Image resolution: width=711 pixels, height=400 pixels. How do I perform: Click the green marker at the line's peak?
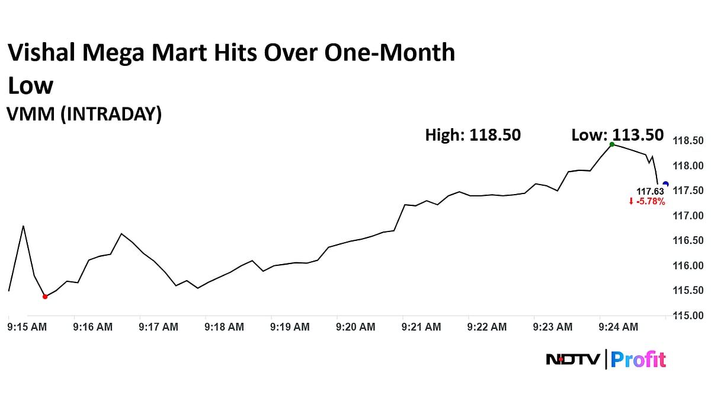point(612,144)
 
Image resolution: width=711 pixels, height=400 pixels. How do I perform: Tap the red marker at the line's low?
point(45,296)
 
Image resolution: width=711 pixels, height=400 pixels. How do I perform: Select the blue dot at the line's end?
point(665,184)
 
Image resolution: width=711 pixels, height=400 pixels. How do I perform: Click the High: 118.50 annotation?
point(473,135)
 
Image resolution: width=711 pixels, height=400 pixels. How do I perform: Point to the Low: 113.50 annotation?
point(617,135)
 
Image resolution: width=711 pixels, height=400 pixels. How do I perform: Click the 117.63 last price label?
point(650,191)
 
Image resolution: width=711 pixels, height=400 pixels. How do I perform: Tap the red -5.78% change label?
point(646,202)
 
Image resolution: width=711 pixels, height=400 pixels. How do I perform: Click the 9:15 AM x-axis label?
point(27,327)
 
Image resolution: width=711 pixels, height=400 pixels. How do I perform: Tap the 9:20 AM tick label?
point(355,327)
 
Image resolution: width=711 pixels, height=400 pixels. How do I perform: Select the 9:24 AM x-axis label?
point(618,327)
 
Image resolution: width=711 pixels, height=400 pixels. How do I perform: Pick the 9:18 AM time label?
point(224,327)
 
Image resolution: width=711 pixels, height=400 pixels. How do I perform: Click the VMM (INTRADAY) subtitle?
point(84,114)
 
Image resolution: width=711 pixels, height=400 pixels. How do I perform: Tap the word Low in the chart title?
point(30,85)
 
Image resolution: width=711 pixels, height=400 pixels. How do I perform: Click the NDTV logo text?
point(572,360)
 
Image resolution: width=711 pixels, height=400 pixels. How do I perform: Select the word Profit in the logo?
point(638,360)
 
